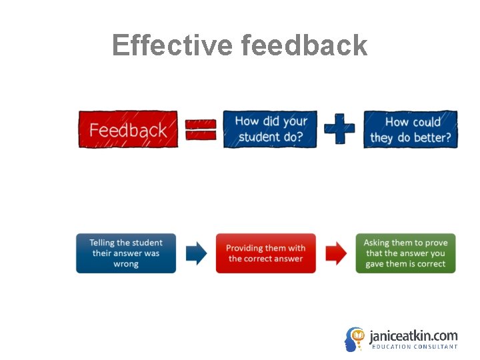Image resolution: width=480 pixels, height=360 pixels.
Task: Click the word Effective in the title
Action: pyautogui.click(x=172, y=45)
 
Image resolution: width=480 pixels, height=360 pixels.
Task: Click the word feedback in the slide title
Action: pyautogui.click(x=305, y=45)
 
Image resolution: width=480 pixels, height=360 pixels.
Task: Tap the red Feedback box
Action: pyautogui.click(x=128, y=129)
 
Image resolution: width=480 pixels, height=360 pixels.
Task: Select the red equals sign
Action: pyautogui.click(x=200, y=129)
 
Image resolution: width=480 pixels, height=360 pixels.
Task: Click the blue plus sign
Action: pyautogui.click(x=339, y=129)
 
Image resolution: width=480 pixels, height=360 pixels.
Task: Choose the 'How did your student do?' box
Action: pyautogui.click(x=271, y=129)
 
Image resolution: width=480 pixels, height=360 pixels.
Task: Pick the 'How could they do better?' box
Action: pyautogui.click(x=411, y=129)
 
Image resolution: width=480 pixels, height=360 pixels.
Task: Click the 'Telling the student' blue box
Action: pyautogui.click(x=126, y=253)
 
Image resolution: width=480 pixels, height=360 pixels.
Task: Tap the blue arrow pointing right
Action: pyautogui.click(x=196, y=253)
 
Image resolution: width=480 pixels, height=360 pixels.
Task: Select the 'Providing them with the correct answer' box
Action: pyautogui.click(x=265, y=253)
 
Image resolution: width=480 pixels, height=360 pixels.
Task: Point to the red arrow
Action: pyautogui.click(x=336, y=253)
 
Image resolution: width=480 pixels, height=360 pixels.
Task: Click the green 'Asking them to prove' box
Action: pyautogui.click(x=405, y=253)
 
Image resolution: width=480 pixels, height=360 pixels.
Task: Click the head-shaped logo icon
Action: pyautogui.click(x=355, y=339)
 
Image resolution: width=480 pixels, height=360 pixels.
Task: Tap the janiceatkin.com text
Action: pyautogui.click(x=413, y=335)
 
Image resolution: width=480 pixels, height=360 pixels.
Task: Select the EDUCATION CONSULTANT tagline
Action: pyautogui.click(x=414, y=347)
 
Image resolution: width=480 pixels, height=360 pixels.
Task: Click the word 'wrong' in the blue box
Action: pyautogui.click(x=126, y=264)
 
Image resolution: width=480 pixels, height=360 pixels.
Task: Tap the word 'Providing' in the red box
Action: pyautogui.click(x=245, y=248)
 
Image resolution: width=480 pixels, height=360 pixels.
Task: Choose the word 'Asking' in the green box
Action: pyautogui.click(x=376, y=243)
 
